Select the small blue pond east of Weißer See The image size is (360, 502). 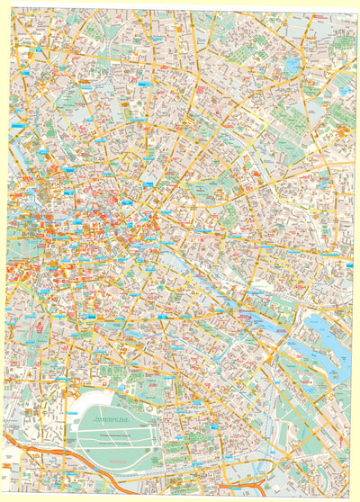pos(346,90)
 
